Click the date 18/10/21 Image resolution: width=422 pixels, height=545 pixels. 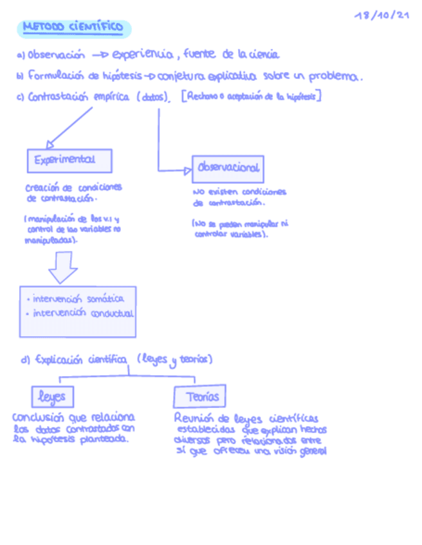(381, 15)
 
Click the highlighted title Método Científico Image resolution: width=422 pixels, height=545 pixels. (73, 28)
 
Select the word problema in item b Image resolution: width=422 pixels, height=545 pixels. (335, 76)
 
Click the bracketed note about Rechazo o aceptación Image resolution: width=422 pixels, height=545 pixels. (252, 96)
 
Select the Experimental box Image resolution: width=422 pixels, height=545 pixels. (69, 160)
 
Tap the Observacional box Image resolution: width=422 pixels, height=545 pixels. (228, 168)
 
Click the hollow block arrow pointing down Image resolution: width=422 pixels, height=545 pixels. (63, 267)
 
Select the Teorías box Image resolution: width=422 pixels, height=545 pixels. (201, 397)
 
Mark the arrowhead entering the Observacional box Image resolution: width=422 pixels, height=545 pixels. (187, 170)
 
